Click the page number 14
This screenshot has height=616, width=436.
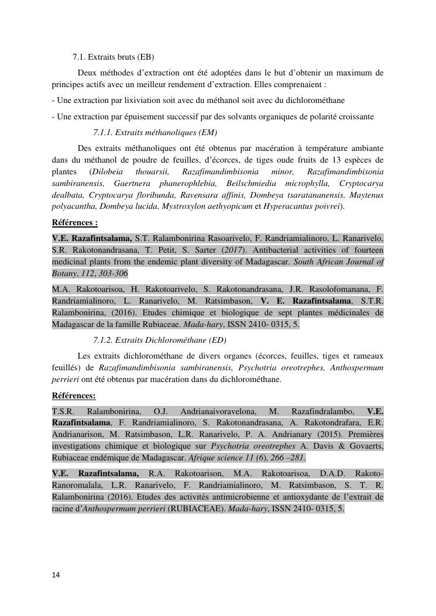(x=56, y=575)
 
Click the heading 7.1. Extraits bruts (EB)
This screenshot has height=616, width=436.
(x=113, y=57)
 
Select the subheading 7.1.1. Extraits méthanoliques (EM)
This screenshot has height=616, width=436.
(x=155, y=132)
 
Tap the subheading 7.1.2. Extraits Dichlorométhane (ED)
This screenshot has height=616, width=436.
(x=159, y=340)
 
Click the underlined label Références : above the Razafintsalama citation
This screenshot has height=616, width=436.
(x=74, y=223)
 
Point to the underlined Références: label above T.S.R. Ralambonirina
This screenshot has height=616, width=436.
(x=73, y=395)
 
